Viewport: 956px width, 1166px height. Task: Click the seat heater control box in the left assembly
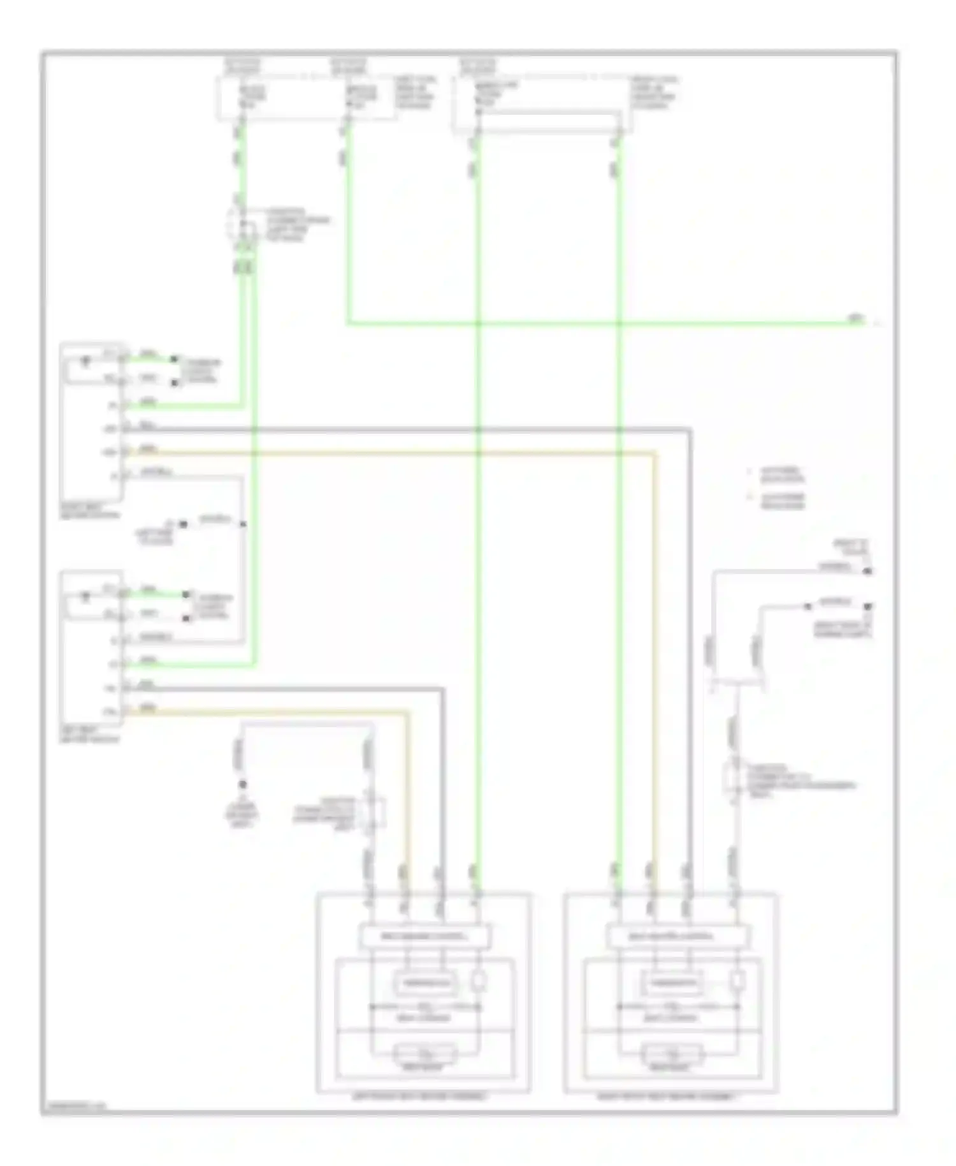(x=425, y=936)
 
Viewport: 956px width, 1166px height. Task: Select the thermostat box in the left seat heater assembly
(x=425, y=983)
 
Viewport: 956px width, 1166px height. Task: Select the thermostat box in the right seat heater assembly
(x=672, y=983)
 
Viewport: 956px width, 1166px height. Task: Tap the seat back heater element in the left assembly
(x=425, y=1052)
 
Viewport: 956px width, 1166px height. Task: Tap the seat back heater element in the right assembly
(x=672, y=1052)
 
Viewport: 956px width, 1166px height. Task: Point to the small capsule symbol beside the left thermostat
(x=478, y=982)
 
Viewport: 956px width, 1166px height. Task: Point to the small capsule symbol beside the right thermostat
(x=737, y=982)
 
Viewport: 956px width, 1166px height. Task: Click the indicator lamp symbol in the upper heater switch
(x=85, y=362)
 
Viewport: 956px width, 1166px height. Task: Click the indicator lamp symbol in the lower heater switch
(x=85, y=597)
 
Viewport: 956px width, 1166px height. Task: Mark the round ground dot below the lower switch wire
(x=242, y=785)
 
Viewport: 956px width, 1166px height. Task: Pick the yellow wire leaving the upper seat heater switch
(x=382, y=454)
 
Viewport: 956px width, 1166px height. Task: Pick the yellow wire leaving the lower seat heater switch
(x=268, y=712)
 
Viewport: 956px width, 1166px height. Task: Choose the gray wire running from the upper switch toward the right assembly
(x=382, y=429)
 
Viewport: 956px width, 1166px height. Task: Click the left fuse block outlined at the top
(x=306, y=97)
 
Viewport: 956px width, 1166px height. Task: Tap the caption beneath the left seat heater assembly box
(x=421, y=1096)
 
